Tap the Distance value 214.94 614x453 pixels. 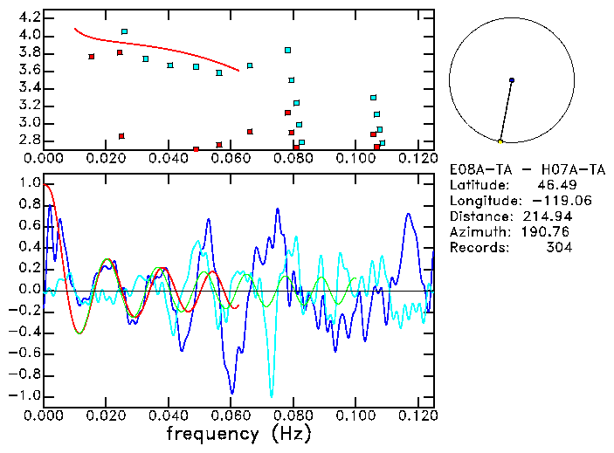(548, 216)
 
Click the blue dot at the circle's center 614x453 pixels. (512, 80)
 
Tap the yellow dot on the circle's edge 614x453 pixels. (500, 141)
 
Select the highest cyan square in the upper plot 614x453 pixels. (125, 31)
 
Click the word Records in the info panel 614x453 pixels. (477, 248)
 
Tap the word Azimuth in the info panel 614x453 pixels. (477, 232)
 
